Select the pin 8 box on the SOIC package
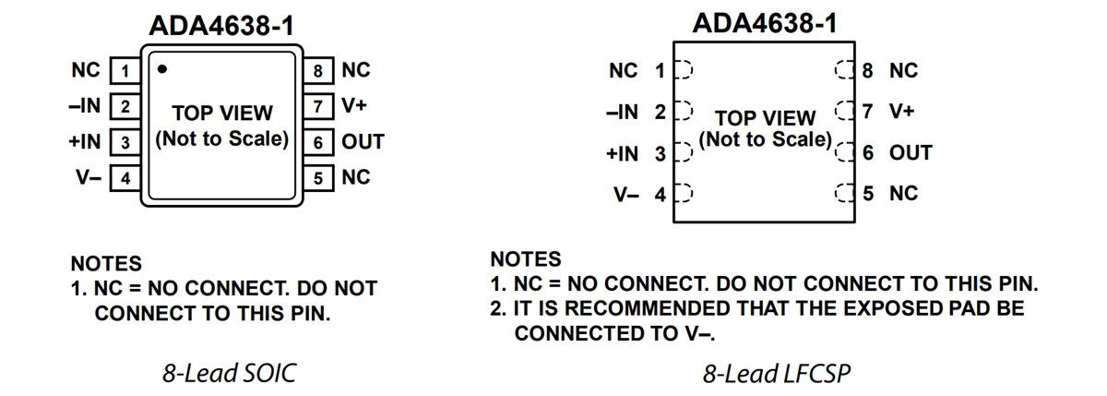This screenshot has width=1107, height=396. point(318,70)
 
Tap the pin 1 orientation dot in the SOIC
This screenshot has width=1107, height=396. point(162,67)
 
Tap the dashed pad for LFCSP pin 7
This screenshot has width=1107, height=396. point(842,112)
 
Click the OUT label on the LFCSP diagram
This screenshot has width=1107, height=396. point(911,153)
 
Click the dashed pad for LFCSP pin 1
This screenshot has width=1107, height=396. point(684,70)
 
